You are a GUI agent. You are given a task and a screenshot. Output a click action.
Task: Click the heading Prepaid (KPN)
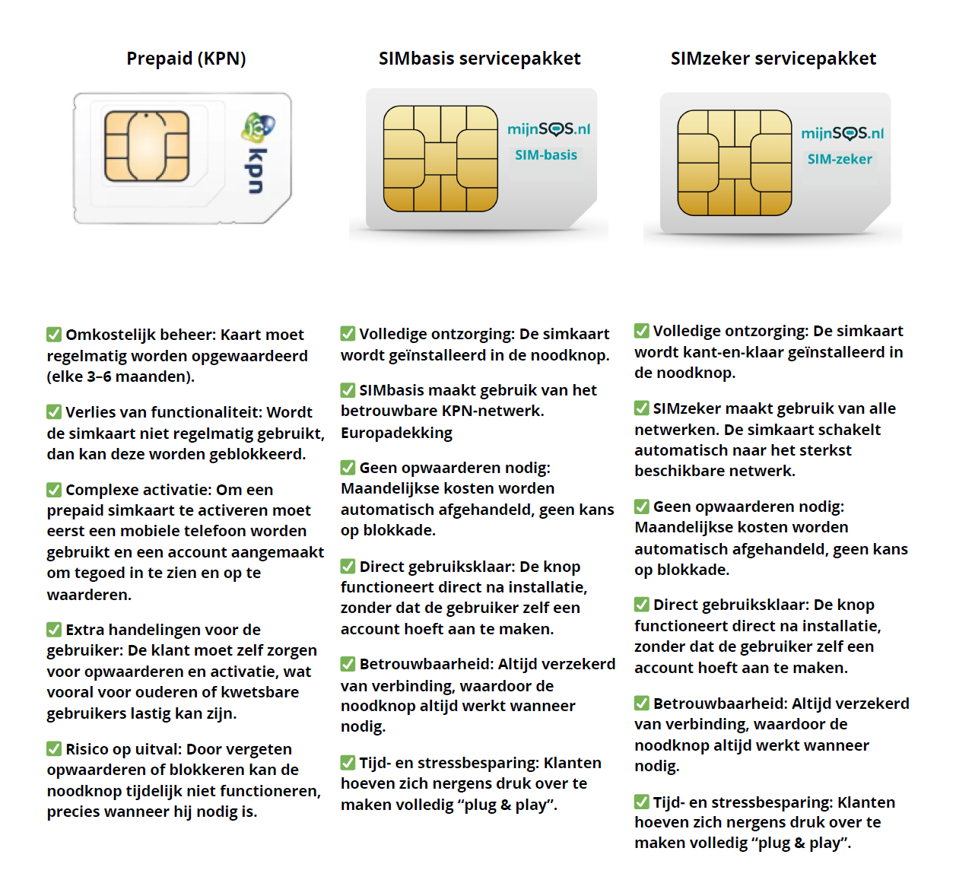tap(186, 59)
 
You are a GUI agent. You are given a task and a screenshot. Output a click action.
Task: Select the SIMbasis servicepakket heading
tap(479, 59)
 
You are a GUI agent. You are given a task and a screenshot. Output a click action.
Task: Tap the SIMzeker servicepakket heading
tap(773, 59)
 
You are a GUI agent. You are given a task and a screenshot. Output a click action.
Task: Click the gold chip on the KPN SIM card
tap(147, 146)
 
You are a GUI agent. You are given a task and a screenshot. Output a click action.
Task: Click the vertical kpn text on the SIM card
tap(256, 171)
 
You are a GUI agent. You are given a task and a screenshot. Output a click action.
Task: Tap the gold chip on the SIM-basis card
tap(440, 158)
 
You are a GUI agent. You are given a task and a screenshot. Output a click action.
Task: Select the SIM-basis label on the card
tap(546, 155)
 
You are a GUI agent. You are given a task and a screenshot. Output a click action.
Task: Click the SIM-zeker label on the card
tap(840, 160)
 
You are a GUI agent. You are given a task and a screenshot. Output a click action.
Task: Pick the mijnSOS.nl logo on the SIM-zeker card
tap(843, 133)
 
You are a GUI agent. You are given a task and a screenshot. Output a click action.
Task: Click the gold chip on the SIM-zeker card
tap(735, 163)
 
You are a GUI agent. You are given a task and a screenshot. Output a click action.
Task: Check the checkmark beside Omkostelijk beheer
tap(54, 334)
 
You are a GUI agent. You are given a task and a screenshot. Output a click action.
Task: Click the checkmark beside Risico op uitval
tap(54, 748)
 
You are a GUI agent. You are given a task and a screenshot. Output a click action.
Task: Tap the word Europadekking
tap(397, 433)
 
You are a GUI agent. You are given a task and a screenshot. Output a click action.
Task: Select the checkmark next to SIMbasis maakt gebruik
tap(348, 390)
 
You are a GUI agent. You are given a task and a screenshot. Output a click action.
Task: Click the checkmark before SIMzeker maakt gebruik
tap(641, 408)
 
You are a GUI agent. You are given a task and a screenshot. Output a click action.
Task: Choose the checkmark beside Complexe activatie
tap(54, 490)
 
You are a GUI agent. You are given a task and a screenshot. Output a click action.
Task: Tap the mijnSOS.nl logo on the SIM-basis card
tap(549, 129)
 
